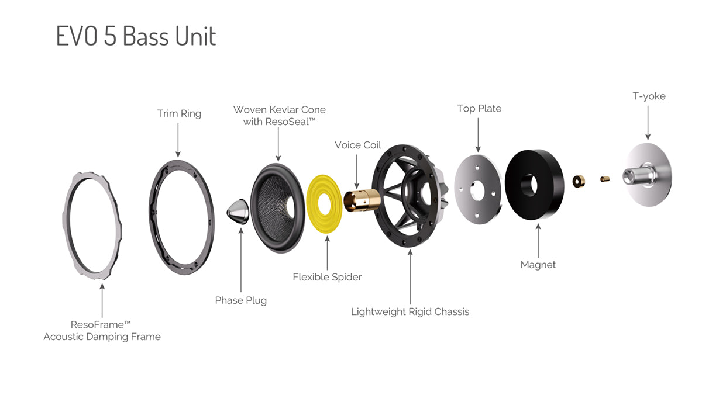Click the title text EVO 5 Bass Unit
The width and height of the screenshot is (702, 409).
click(x=136, y=36)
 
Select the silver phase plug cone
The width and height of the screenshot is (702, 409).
click(x=238, y=212)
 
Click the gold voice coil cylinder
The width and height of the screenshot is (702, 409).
click(x=362, y=200)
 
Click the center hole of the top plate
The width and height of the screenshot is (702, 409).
click(x=477, y=190)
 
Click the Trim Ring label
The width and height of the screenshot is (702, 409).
click(x=179, y=113)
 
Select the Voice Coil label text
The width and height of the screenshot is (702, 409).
click(x=357, y=145)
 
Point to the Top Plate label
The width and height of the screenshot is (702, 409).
click(x=479, y=109)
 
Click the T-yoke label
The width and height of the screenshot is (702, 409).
click(x=649, y=96)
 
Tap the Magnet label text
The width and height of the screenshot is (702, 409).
click(x=538, y=265)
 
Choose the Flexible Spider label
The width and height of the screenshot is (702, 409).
click(x=327, y=277)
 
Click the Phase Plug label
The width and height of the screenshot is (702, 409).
click(x=240, y=300)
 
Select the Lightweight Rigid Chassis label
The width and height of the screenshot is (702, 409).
click(x=410, y=311)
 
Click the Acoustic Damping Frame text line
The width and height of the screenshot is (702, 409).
click(x=102, y=337)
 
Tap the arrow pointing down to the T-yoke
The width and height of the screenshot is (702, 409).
click(x=648, y=123)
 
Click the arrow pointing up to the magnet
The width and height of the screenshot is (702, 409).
click(x=538, y=241)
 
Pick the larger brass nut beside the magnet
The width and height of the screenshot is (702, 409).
click(x=579, y=181)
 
